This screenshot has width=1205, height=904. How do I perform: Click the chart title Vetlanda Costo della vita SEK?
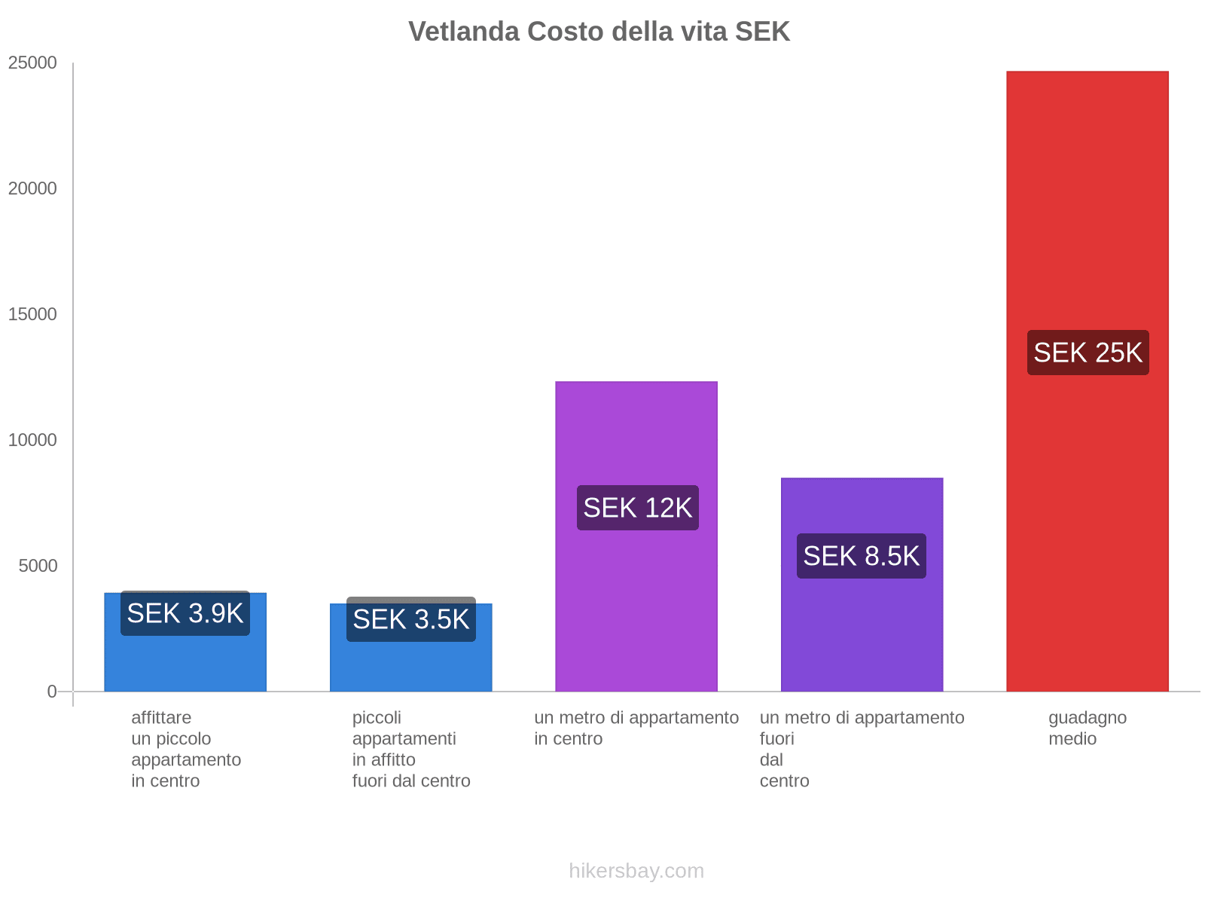tap(599, 32)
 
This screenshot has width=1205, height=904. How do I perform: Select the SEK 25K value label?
tap(1088, 353)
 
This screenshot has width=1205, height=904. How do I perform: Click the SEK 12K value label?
tap(637, 508)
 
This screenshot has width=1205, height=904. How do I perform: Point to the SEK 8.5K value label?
tap(861, 556)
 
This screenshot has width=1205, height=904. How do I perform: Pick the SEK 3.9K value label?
tap(185, 613)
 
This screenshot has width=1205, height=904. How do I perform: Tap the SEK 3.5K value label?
tap(410, 619)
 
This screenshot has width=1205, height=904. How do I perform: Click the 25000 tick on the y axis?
tap(33, 63)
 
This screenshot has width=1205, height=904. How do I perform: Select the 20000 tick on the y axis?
tap(33, 188)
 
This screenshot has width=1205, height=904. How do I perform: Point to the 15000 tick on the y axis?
tap(33, 314)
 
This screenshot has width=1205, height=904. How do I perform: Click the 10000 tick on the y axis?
tap(33, 440)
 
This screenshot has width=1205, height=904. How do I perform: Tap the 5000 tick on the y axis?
tap(38, 566)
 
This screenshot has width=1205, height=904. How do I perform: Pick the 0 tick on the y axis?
tap(52, 691)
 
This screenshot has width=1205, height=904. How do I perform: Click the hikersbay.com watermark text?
tap(636, 871)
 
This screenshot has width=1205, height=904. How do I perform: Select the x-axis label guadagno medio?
tap(1087, 728)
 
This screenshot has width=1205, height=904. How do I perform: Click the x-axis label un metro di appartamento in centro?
tap(636, 728)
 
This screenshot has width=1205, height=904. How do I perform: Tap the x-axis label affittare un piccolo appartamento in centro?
tap(185, 749)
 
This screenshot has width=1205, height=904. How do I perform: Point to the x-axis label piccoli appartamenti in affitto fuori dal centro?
tap(410, 749)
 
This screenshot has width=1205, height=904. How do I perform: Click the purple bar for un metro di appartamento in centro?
tap(636, 437)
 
